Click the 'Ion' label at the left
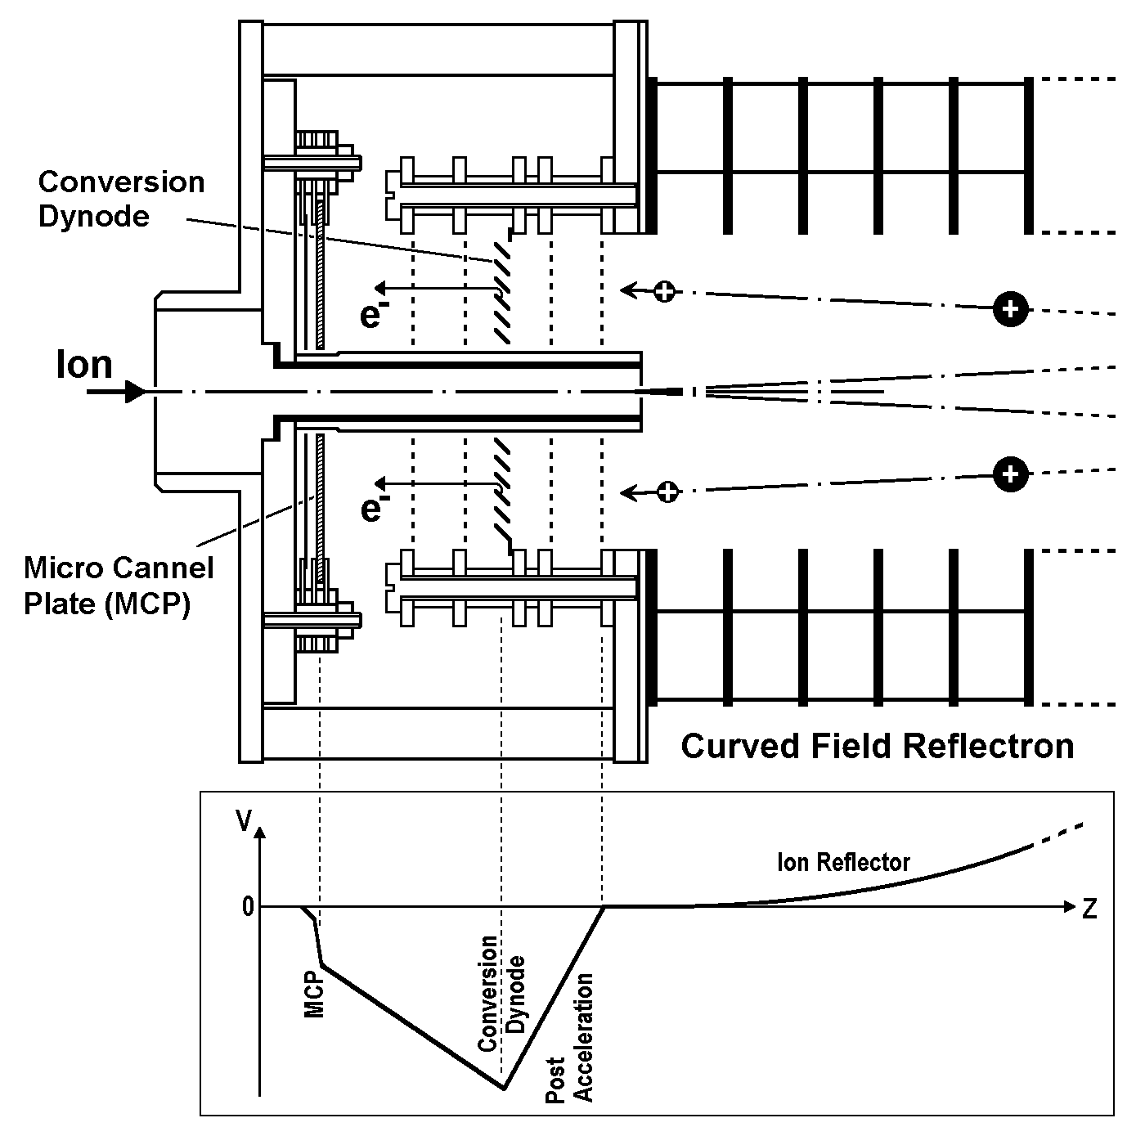(84, 364)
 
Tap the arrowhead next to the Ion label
(134, 393)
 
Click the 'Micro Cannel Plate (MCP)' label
(119, 585)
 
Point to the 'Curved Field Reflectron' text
(877, 746)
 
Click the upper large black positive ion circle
(1011, 309)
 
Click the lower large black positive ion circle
(1011, 474)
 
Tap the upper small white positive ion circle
(666, 291)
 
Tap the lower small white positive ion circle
(668, 492)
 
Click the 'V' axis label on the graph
(244, 821)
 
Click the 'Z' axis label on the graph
(1089, 909)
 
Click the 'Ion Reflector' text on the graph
(843, 862)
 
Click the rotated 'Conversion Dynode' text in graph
(501, 993)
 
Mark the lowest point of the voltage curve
(504, 1089)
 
